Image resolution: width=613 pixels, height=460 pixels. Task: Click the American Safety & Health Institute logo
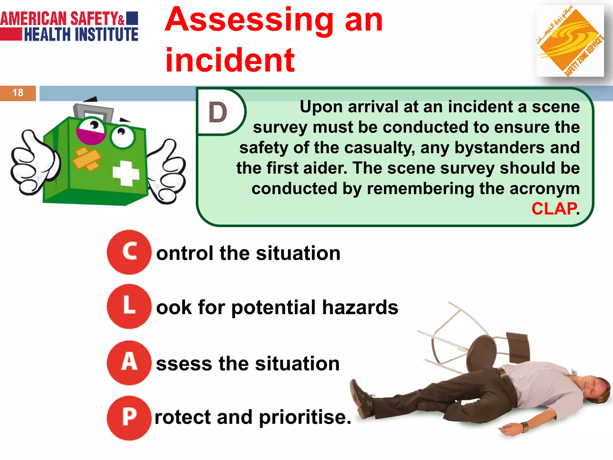[69, 26]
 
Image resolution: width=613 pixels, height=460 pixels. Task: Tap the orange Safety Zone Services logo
[570, 41]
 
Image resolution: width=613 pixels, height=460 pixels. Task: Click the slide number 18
[18, 93]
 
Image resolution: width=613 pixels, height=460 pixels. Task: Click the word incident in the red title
[230, 60]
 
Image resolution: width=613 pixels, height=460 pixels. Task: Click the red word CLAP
[554, 209]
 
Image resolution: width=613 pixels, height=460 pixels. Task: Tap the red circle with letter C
[129, 252]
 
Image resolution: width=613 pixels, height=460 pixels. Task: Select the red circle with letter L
[129, 306]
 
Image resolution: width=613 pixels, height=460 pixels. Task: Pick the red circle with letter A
[129, 363]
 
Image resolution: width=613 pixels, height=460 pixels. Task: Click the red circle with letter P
[129, 417]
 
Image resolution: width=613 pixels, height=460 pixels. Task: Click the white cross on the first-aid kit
[126, 173]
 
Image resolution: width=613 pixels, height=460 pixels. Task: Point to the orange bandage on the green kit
[87, 159]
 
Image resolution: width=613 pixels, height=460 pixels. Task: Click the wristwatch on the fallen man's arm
[525, 426]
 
